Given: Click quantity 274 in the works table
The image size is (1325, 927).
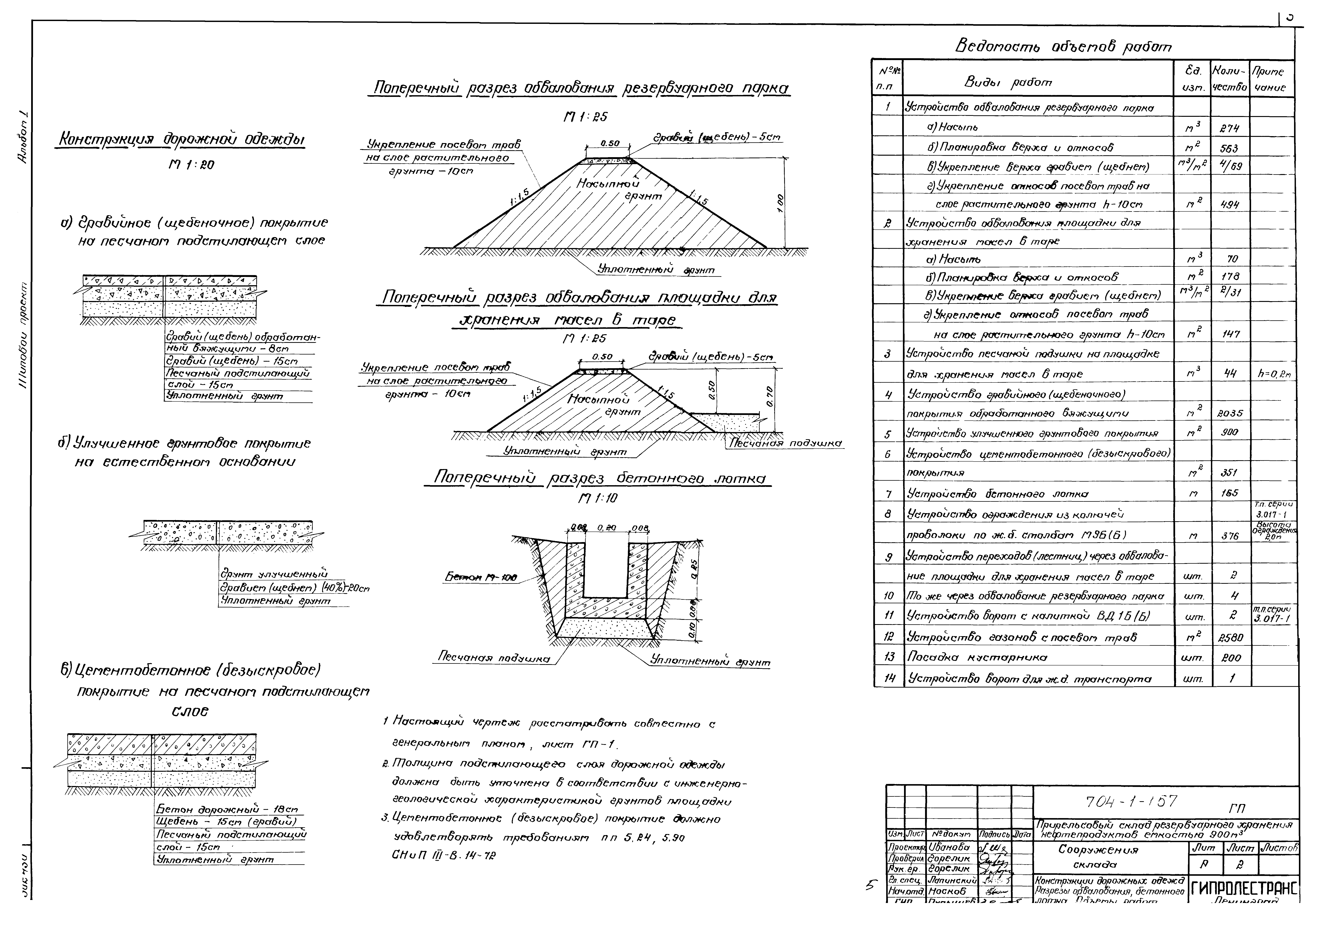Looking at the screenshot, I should click(1230, 128).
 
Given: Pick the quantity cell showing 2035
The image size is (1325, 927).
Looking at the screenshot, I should click(1230, 413).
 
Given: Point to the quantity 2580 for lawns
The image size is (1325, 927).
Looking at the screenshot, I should click(1230, 638).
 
